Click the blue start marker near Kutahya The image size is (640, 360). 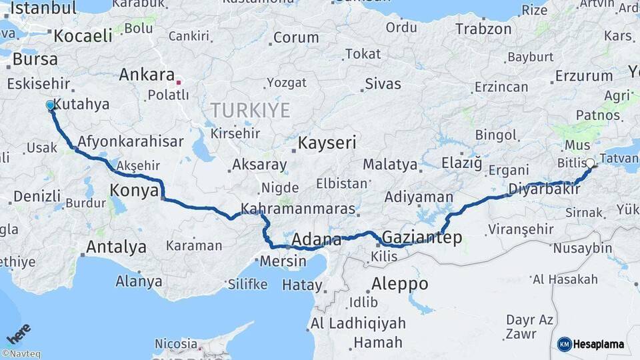(x=50, y=105)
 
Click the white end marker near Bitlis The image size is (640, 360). (x=590, y=163)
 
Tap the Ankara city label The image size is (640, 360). (x=147, y=75)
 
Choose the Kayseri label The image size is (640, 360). (x=327, y=143)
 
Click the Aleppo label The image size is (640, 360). (x=400, y=283)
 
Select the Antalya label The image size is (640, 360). (x=116, y=247)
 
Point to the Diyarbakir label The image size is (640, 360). (x=541, y=189)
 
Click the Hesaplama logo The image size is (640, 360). (x=591, y=344)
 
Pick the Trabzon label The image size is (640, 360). (x=483, y=29)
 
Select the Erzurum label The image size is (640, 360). (x=583, y=76)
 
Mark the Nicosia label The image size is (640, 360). (x=176, y=343)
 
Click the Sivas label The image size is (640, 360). (x=383, y=84)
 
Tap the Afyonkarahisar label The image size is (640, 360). (x=121, y=141)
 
